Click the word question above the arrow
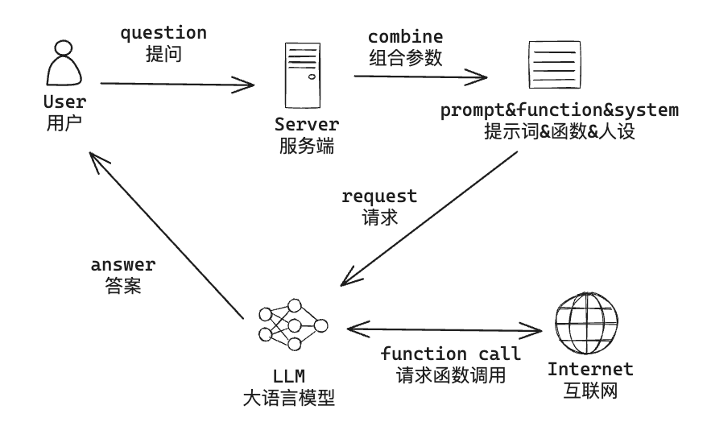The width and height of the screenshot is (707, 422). pos(163,34)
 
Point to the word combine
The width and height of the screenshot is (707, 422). pos(405,37)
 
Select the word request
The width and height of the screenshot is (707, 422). pos(379,197)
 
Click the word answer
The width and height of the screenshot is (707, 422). pos(122,265)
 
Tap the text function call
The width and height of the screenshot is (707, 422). pos(450,354)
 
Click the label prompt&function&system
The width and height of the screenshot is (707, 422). pos(559,110)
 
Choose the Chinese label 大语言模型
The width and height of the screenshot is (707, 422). pos(288,397)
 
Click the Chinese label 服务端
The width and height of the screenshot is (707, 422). pos(306,146)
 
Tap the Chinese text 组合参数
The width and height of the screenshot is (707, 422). pos(406,57)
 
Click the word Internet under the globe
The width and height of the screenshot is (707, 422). pos(590,370)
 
